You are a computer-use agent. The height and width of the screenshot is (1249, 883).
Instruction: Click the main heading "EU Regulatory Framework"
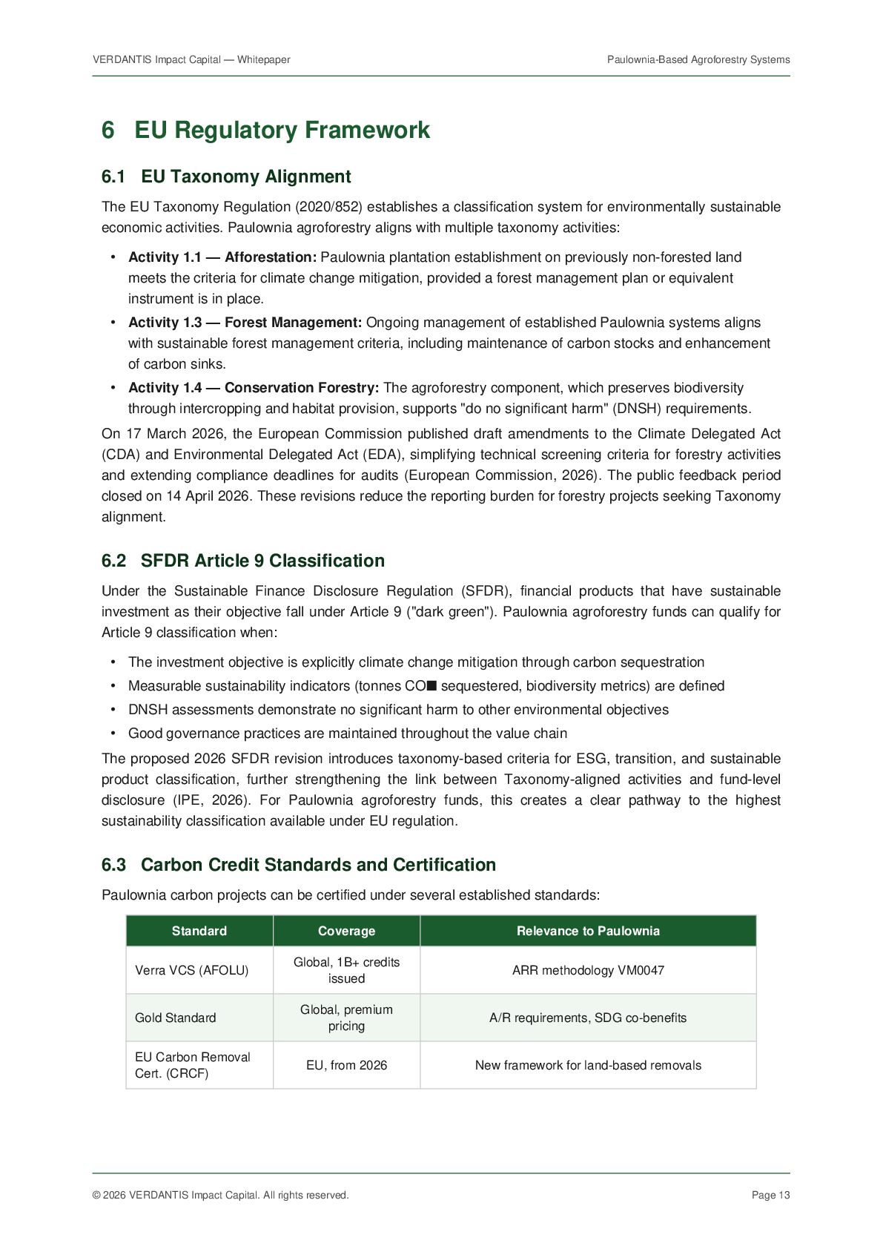tap(282, 130)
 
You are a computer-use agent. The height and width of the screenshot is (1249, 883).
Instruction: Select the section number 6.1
tap(113, 177)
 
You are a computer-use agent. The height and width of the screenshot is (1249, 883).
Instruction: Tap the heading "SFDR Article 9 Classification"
tap(262, 561)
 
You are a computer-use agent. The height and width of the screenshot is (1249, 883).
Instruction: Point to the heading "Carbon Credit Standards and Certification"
tap(318, 865)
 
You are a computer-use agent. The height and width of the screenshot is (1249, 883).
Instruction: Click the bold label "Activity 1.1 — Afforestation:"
tap(222, 257)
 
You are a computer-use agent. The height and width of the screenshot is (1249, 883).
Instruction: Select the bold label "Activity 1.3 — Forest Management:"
tap(245, 323)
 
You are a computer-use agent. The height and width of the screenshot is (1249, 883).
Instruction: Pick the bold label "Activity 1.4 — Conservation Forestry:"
tap(254, 388)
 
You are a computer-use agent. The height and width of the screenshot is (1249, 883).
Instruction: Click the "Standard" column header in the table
tap(199, 931)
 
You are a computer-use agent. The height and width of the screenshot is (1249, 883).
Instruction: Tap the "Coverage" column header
tap(346, 931)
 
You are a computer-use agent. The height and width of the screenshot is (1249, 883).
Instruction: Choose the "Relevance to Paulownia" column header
tap(588, 931)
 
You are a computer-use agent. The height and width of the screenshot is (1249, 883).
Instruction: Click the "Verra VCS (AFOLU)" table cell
tap(192, 970)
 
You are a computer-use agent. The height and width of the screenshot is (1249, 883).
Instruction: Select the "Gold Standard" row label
tap(176, 1018)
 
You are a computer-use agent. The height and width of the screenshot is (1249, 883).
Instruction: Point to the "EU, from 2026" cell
tap(346, 1065)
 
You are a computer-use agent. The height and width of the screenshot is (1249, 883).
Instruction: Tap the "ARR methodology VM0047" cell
tap(588, 970)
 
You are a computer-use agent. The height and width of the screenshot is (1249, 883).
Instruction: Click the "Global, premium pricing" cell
tap(346, 1018)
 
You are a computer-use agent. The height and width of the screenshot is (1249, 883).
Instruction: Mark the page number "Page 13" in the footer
tap(770, 1195)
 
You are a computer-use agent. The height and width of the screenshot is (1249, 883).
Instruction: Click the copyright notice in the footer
tap(220, 1195)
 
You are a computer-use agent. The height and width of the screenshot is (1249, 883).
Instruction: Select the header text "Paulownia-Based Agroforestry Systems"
tap(698, 59)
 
